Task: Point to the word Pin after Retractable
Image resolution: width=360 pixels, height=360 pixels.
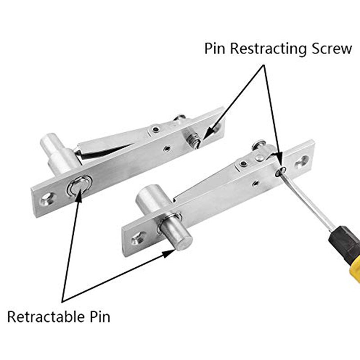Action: pos(97,316)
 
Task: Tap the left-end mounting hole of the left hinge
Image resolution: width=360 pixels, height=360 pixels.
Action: pos(46,198)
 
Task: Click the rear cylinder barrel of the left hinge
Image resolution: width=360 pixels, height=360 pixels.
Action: pos(54,146)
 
